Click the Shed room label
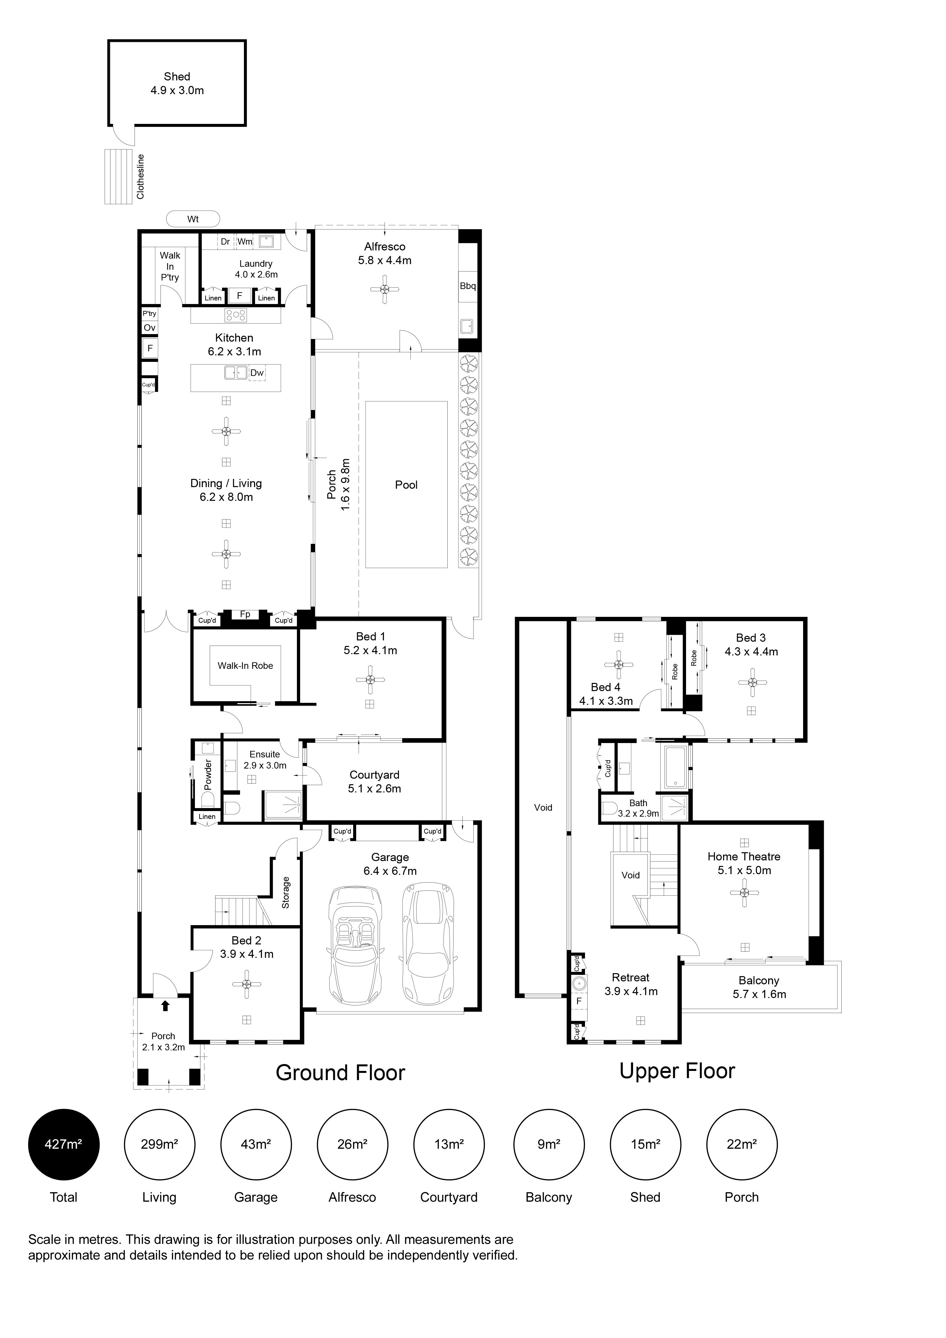coord(177,76)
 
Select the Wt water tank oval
coord(193,219)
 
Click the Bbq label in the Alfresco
coord(468,286)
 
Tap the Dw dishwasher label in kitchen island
coord(257,373)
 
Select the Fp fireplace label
coord(245,614)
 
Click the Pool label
coord(406,485)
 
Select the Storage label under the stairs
coord(285,892)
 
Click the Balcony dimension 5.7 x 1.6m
coord(760,994)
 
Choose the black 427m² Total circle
coord(63,1144)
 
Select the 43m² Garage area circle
coord(256,1144)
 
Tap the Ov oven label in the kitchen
coord(150,328)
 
